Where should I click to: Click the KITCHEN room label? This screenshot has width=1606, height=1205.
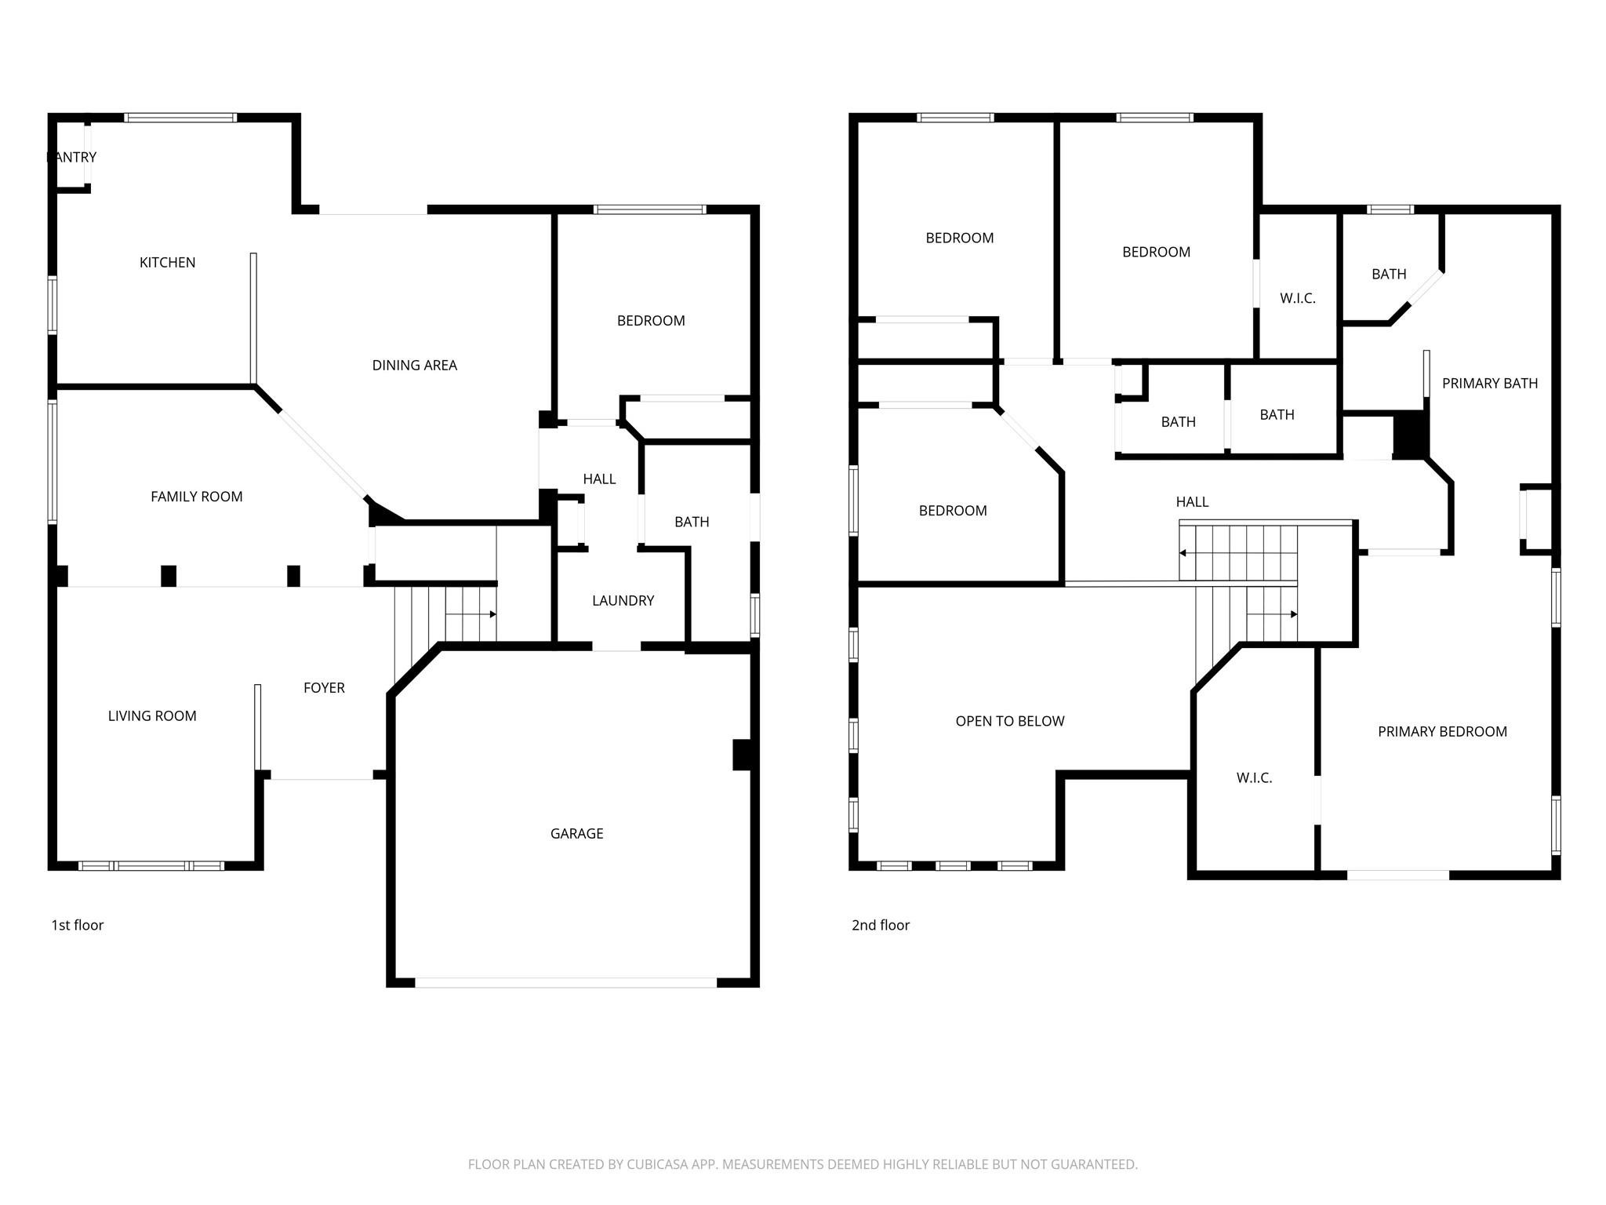click(167, 263)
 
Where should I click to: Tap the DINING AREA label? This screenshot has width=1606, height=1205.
click(414, 366)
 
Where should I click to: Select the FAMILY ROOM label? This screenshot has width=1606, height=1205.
click(196, 497)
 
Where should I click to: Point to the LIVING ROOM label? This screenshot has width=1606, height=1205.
click(152, 716)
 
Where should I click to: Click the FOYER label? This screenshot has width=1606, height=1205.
click(324, 688)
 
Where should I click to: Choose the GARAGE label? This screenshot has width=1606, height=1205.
click(576, 834)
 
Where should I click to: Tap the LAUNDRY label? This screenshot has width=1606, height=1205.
click(623, 601)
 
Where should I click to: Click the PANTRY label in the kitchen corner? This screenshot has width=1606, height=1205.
click(71, 158)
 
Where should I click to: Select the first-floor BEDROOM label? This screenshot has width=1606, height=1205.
click(651, 321)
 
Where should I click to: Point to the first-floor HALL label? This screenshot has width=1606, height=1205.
click(599, 479)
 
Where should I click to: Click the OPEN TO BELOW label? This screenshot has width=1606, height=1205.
click(1009, 722)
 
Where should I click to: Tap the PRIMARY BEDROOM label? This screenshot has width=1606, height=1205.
click(1442, 732)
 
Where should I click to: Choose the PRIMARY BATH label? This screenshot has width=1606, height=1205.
click(1489, 384)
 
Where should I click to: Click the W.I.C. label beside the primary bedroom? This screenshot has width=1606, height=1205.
click(1254, 778)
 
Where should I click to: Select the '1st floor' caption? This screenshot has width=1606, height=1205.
click(78, 926)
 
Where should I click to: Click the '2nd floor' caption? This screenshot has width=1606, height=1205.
click(881, 926)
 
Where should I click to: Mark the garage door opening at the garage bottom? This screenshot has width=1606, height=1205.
click(565, 982)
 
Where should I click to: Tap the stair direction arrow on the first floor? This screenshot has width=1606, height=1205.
click(492, 614)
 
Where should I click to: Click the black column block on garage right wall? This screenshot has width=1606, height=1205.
click(742, 755)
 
